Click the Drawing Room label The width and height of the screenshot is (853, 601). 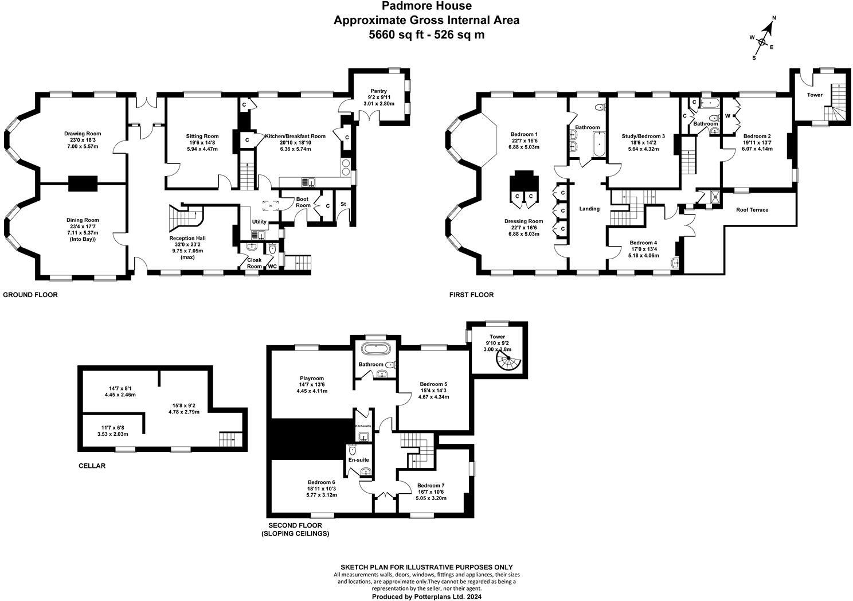pyautogui.click(x=82, y=134)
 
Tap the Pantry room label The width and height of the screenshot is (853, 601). pyautogui.click(x=378, y=91)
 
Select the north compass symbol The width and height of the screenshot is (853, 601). pyautogui.click(x=762, y=41)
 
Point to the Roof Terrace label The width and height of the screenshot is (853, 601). pyautogui.click(x=752, y=210)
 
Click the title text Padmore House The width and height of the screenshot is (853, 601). pyautogui.click(x=426, y=6)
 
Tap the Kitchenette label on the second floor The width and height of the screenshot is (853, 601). pyautogui.click(x=363, y=426)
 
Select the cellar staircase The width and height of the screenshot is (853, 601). pyautogui.click(x=227, y=440)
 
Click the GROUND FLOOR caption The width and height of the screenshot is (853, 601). pyautogui.click(x=30, y=295)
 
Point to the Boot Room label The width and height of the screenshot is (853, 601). pyautogui.click(x=303, y=202)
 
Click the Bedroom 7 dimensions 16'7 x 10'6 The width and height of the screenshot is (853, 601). pyautogui.click(x=431, y=491)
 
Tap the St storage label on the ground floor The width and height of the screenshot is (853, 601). pyautogui.click(x=343, y=204)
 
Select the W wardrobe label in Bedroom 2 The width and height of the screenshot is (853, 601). pyautogui.click(x=727, y=115)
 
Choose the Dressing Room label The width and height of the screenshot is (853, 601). pyautogui.click(x=523, y=221)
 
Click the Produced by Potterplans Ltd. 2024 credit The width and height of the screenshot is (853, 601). pyautogui.click(x=426, y=596)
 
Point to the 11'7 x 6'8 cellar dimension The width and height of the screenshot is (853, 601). pyautogui.click(x=116, y=427)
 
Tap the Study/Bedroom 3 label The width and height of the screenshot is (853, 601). pyautogui.click(x=643, y=136)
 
